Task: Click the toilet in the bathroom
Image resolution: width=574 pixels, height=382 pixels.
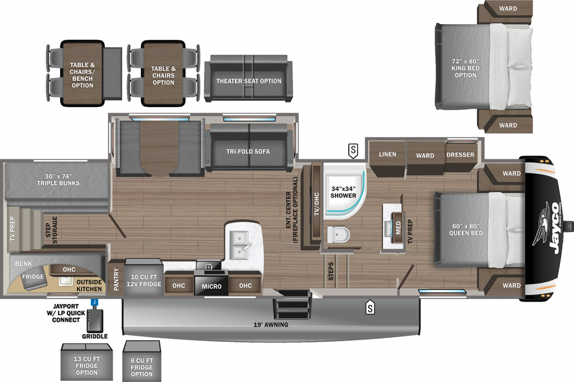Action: [338, 234]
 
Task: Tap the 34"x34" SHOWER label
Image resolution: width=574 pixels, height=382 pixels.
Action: [343, 192]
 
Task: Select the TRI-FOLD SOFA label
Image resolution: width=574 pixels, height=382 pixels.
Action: [248, 151]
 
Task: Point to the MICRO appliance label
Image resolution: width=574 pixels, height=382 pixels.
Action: [211, 287]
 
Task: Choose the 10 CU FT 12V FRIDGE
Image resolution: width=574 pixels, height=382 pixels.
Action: [143, 278]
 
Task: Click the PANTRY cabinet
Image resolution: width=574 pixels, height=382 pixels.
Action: [116, 278]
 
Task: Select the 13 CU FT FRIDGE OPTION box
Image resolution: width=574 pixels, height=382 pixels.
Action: [87, 362]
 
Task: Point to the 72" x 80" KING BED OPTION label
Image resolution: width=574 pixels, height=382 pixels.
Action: [465, 68]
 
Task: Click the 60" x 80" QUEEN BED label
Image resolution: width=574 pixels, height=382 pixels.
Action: [466, 229]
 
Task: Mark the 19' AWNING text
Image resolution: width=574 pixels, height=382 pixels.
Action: [271, 324]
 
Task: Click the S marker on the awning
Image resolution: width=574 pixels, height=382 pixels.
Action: [370, 308]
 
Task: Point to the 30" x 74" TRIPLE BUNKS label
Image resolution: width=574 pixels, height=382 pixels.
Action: [58, 180]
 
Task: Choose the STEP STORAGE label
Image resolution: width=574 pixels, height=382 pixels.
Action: [52, 230]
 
